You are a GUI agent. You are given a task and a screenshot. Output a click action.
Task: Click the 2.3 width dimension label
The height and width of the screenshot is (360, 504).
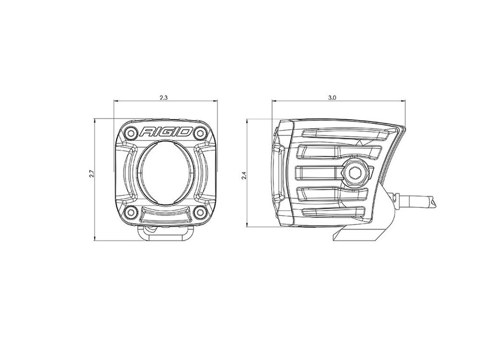(164, 98)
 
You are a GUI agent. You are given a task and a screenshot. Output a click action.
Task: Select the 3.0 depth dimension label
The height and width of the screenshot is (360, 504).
(332, 98)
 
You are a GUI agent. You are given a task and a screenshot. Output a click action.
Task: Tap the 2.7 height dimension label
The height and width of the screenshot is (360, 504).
(91, 175)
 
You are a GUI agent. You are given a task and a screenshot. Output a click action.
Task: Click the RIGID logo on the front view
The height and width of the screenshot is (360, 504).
(166, 132)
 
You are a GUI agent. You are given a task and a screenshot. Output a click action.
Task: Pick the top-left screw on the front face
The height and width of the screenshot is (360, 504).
(131, 132)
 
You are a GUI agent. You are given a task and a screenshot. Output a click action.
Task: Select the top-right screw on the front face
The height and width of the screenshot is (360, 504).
(201, 132)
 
